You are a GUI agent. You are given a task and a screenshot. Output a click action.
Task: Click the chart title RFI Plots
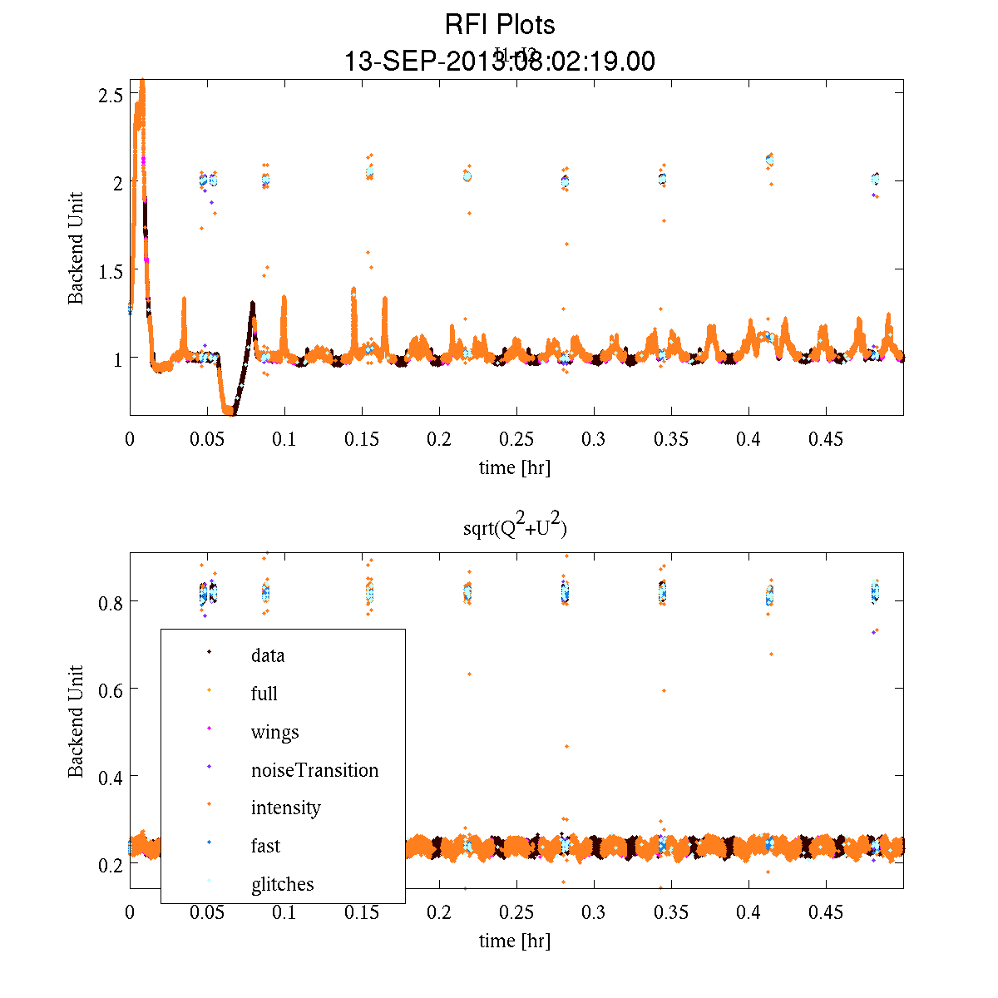[x=499, y=25]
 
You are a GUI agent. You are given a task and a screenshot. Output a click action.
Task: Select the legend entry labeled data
[x=267, y=655]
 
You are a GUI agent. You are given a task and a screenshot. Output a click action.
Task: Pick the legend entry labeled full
[x=264, y=694]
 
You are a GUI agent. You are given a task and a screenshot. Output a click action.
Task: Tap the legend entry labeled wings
[x=274, y=732]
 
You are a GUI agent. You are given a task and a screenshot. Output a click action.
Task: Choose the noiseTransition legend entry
[x=314, y=770]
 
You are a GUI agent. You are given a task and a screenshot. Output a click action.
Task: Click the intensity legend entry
[x=285, y=808]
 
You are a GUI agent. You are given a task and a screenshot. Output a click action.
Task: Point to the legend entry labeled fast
[x=265, y=846]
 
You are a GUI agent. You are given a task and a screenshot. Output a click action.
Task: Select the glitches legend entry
[x=282, y=884]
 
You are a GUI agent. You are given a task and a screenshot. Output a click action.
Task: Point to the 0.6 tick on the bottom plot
[x=111, y=689]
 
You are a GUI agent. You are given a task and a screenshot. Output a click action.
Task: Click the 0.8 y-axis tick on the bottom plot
[x=111, y=601]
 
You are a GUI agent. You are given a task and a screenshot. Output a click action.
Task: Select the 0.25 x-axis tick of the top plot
[x=516, y=438]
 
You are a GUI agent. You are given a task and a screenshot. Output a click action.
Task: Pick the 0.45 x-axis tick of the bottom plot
[x=826, y=912]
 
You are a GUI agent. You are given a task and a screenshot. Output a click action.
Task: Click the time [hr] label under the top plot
[x=515, y=467]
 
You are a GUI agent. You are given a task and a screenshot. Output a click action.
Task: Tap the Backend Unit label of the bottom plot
[x=76, y=721]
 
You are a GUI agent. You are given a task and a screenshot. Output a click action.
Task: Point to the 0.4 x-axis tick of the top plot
[x=748, y=438]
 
